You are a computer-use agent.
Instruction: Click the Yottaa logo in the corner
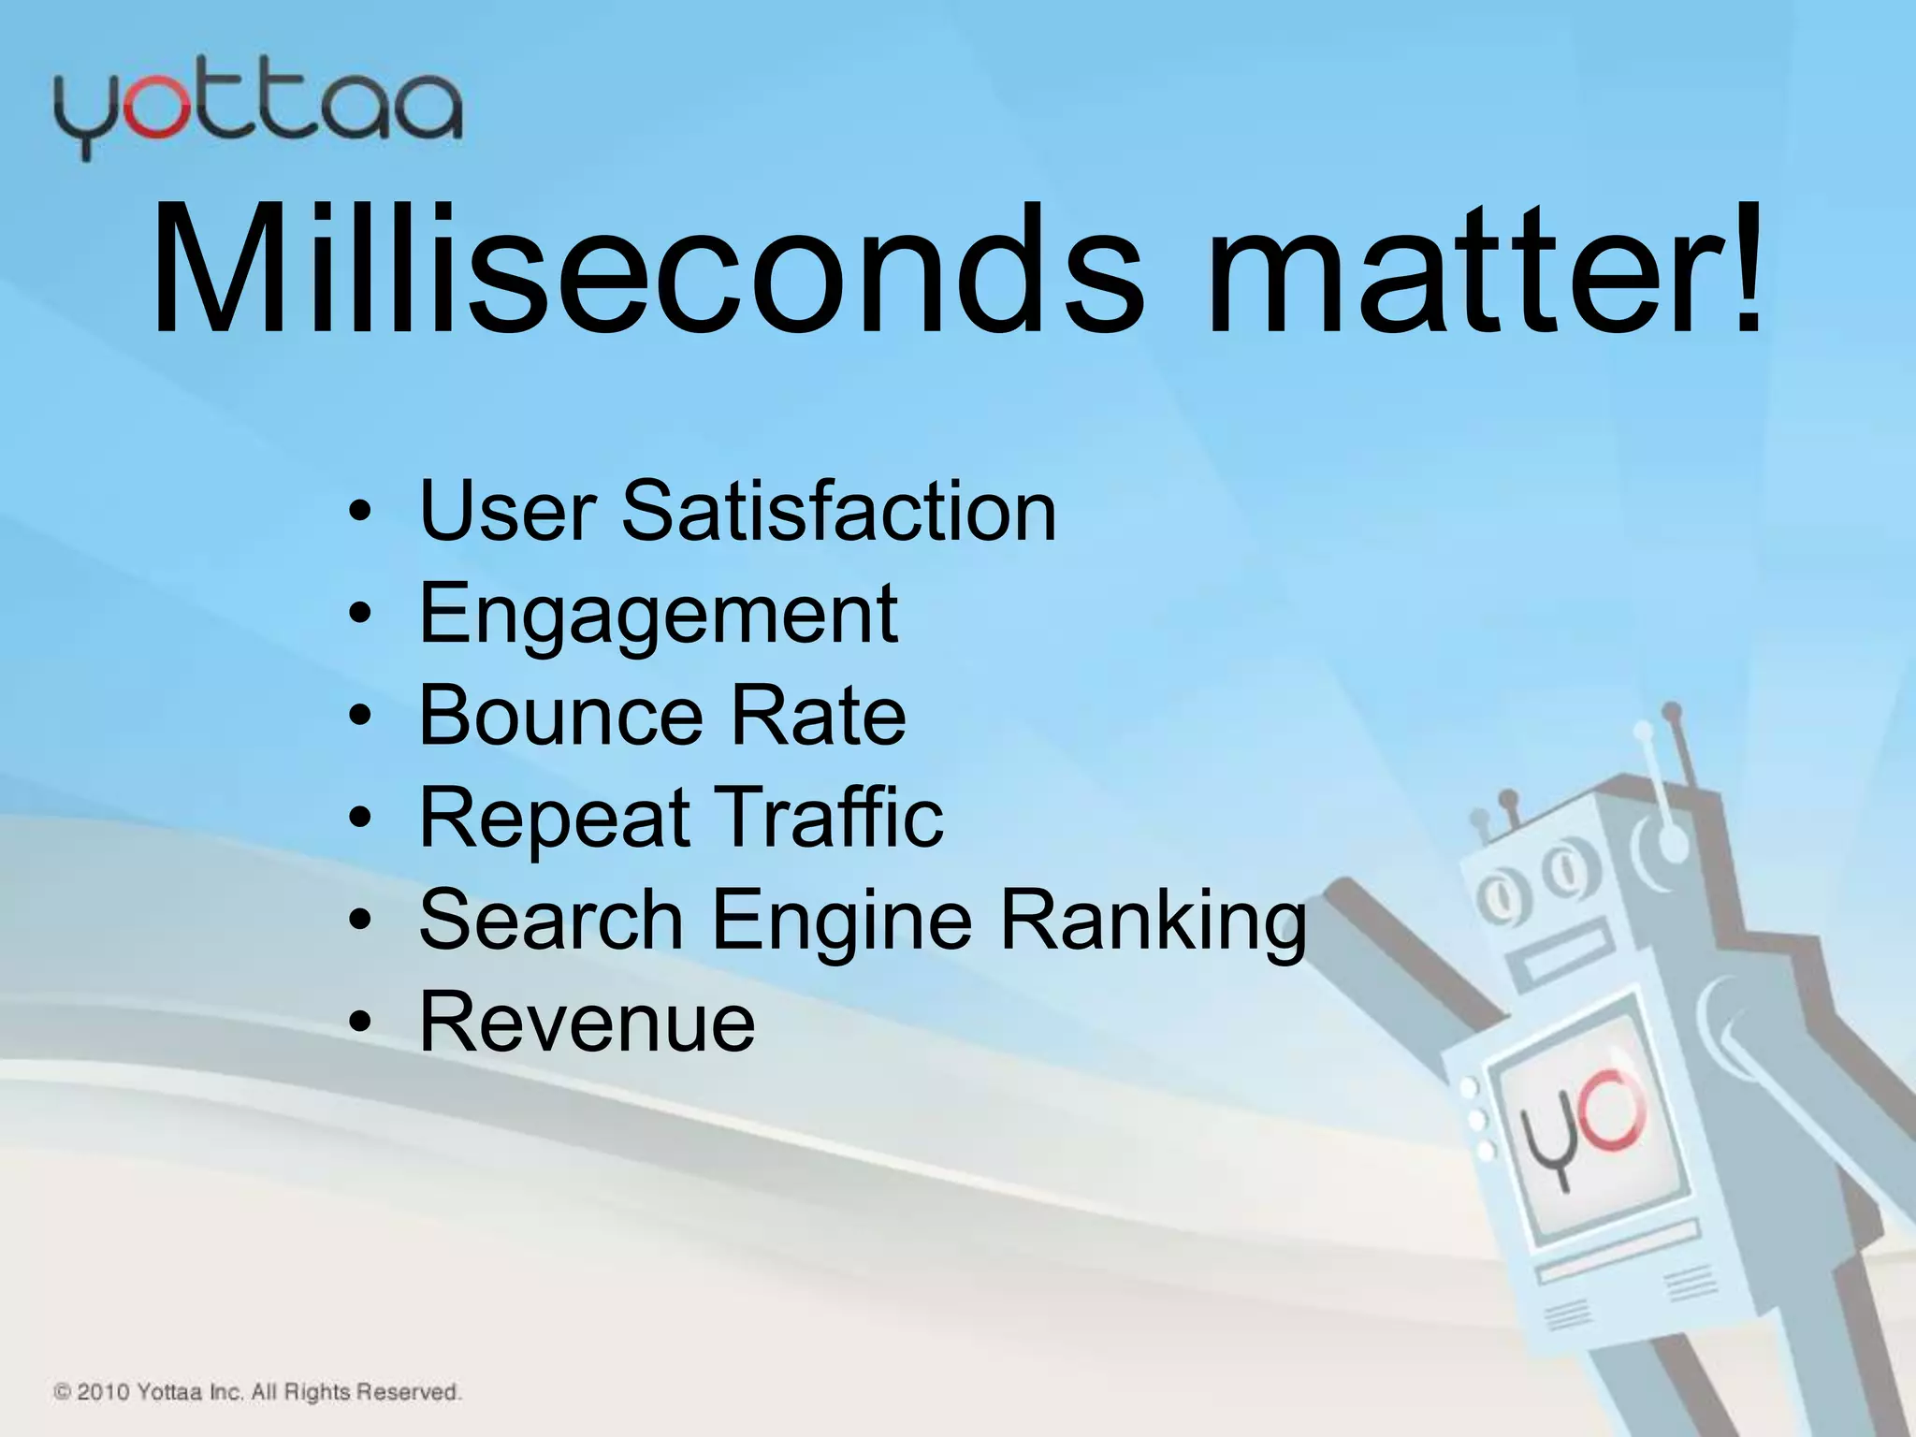[x=257, y=112]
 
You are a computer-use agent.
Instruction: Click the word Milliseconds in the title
[x=646, y=271]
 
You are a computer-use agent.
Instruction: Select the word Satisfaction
[x=839, y=511]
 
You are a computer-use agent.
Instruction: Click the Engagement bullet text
[x=658, y=616]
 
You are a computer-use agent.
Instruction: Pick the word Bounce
[x=559, y=717]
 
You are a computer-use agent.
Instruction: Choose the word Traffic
[x=829, y=818]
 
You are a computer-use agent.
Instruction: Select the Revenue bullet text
[x=587, y=1023]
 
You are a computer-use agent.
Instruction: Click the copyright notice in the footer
[x=257, y=1392]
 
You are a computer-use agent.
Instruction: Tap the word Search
[x=551, y=921]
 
